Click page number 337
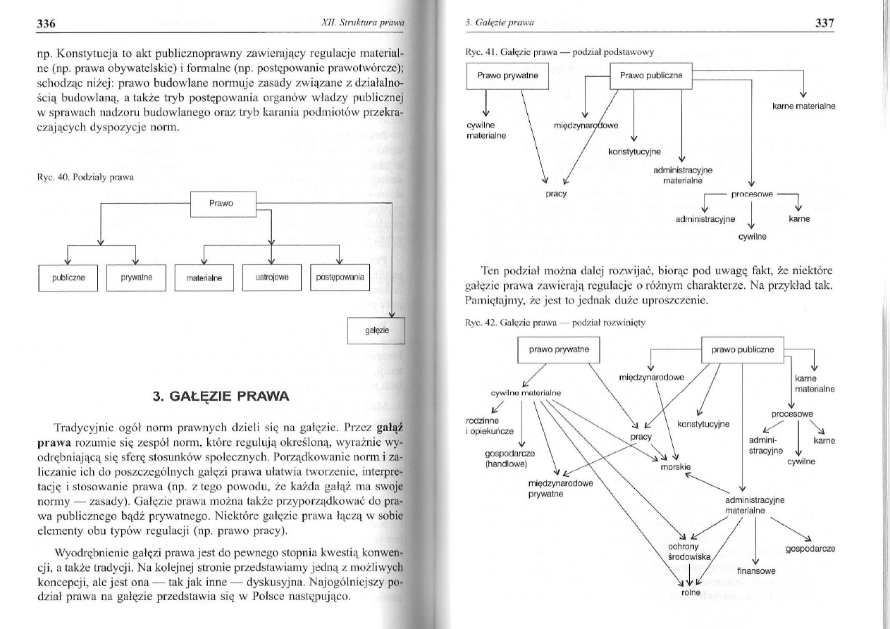(x=823, y=23)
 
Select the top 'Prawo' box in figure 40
(x=222, y=204)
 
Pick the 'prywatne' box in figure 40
(x=133, y=278)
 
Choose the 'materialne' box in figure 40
(x=204, y=278)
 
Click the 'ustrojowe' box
(x=271, y=278)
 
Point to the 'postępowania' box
(x=340, y=278)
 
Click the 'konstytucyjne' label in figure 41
(x=633, y=151)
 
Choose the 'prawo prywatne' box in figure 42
(x=559, y=349)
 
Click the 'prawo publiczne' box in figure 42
(x=743, y=349)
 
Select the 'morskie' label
(x=675, y=467)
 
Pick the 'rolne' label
(x=691, y=592)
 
